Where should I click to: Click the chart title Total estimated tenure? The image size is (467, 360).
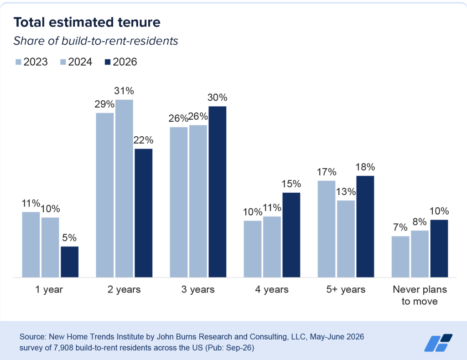[87, 22]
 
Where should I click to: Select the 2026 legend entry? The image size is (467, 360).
[121, 62]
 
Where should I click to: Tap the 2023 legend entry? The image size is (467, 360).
[31, 62]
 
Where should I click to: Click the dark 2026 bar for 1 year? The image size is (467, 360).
[70, 262]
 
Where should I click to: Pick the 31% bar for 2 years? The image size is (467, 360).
[124, 188]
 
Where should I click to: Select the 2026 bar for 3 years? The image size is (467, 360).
[218, 191]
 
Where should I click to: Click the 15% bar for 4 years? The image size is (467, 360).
[291, 235]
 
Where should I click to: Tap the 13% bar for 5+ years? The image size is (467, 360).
[346, 239]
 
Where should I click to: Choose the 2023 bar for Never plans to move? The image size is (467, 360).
[400, 257]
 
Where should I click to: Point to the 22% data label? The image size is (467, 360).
[144, 140]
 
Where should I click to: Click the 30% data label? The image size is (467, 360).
[218, 98]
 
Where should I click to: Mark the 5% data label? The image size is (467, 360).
[69, 238]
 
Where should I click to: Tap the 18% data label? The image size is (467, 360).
[365, 167]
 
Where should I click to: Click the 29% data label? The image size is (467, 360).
[104, 104]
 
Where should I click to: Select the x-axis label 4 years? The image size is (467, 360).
[272, 289]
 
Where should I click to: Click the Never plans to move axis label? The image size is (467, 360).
[420, 295]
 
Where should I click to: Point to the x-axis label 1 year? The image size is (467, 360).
[49, 289]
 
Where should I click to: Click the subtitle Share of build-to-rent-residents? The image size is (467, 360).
[96, 41]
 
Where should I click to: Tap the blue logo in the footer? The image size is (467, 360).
[438, 343]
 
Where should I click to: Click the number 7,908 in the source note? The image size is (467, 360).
[63, 348]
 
